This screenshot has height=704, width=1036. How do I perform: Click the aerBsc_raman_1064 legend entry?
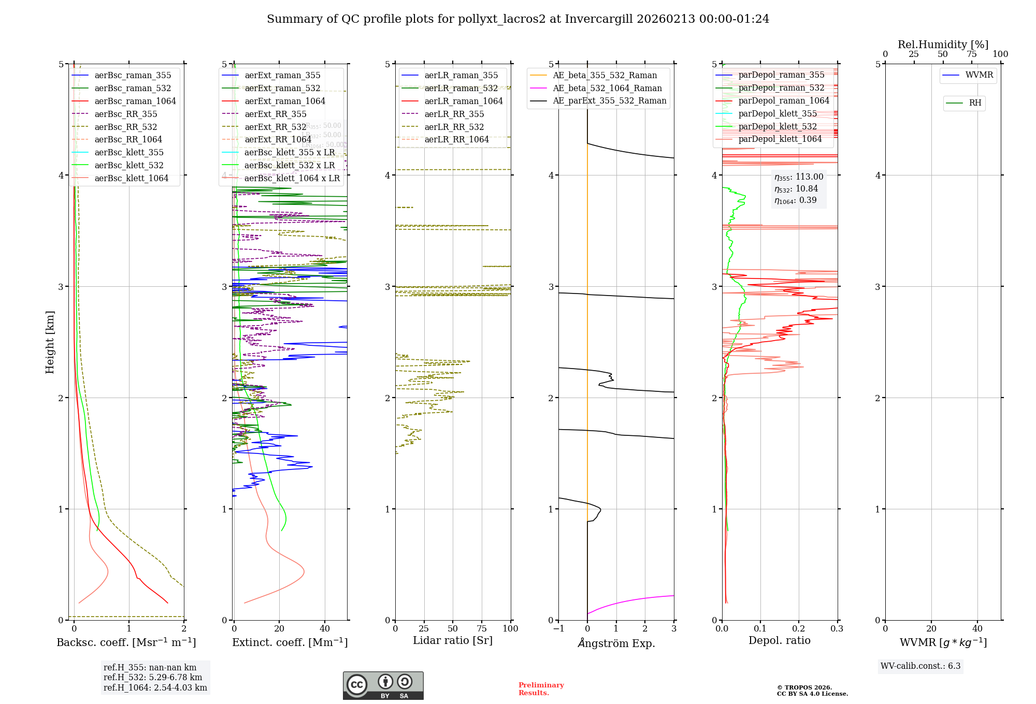click(x=135, y=101)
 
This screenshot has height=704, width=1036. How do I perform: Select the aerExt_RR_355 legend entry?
click(x=275, y=114)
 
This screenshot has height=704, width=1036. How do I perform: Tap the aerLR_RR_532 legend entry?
click(x=454, y=127)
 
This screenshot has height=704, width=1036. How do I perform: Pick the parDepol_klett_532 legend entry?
click(x=777, y=127)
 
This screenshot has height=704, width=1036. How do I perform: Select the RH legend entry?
click(x=975, y=104)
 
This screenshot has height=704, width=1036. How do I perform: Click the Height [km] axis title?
click(x=50, y=342)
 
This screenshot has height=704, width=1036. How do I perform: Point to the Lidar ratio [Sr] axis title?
click(x=453, y=641)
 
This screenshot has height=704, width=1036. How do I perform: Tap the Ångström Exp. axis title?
click(x=616, y=643)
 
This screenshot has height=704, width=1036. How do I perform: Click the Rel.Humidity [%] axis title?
click(x=943, y=45)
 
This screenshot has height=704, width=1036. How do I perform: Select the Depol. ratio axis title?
click(x=780, y=641)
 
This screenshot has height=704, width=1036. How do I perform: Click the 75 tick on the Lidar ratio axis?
click(x=482, y=629)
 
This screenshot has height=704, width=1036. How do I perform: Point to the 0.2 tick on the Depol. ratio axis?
click(x=799, y=629)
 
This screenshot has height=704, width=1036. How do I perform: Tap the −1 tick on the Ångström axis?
click(x=558, y=629)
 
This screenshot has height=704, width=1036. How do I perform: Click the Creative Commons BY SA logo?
click(x=383, y=686)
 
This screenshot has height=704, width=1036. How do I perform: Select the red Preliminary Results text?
click(x=541, y=689)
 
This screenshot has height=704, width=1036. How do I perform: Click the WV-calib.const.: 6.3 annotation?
click(x=920, y=666)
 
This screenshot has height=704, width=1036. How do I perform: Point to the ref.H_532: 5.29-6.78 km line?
click(x=153, y=678)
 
